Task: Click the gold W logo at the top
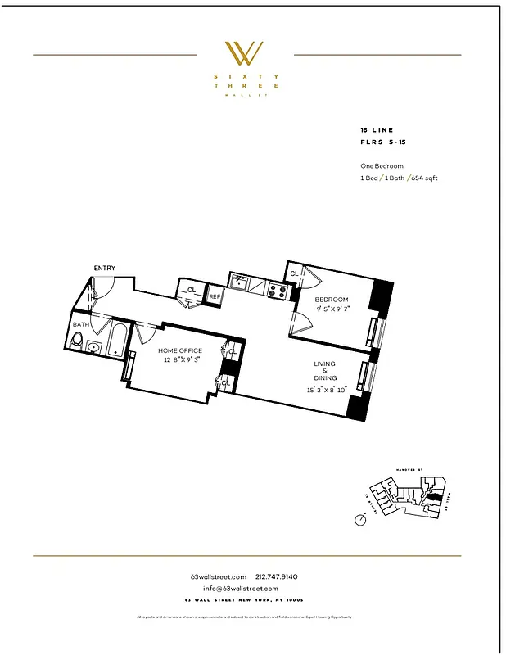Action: click(x=246, y=54)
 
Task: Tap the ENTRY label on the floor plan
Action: click(x=104, y=268)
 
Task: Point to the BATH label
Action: click(x=80, y=325)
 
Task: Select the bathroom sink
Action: click(x=94, y=348)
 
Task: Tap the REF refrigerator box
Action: click(x=215, y=296)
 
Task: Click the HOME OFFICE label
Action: click(x=179, y=350)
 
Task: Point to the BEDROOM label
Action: click(x=332, y=300)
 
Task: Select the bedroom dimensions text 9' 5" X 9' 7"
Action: click(x=332, y=309)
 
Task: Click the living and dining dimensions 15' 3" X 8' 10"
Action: click(x=327, y=390)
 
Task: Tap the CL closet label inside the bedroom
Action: click(x=293, y=273)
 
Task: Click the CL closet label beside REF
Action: click(x=192, y=290)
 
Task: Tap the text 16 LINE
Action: click(x=376, y=130)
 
